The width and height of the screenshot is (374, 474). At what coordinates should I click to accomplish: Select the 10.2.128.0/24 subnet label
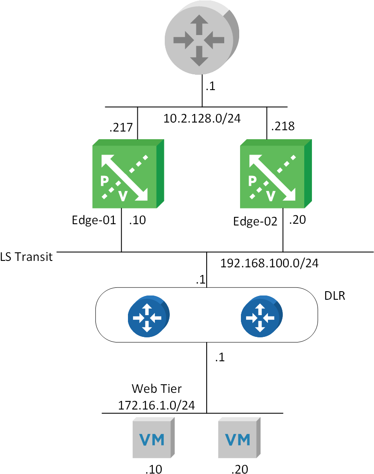coord(202,118)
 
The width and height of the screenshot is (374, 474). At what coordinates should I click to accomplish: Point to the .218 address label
coord(283,126)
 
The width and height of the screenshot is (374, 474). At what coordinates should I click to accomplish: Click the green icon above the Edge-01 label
coord(128,174)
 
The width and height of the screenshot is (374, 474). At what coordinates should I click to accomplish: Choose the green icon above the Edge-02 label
coord(275,174)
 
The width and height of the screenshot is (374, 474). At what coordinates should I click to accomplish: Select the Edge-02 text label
coord(255,221)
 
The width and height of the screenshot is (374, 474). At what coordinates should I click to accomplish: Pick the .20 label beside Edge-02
coord(297,220)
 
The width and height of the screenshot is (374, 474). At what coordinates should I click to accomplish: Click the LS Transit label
coord(27,257)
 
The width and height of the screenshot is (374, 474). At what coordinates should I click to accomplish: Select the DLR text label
coord(335,296)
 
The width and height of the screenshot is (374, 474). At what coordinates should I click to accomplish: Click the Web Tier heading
coord(157,389)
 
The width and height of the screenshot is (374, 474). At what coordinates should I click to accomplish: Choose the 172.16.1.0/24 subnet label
coord(157,405)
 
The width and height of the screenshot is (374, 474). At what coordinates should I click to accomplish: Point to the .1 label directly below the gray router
coord(210,87)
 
